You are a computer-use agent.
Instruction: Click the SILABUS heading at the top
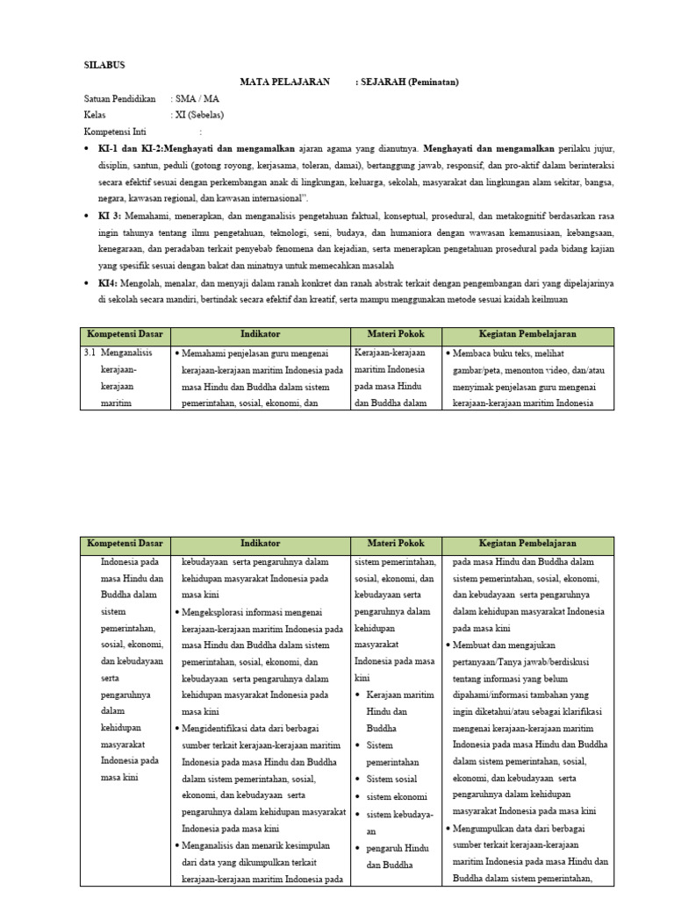click(x=104, y=65)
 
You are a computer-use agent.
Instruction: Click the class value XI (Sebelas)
click(x=199, y=116)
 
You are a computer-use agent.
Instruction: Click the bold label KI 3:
click(x=111, y=216)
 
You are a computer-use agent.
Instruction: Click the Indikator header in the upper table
click(x=261, y=335)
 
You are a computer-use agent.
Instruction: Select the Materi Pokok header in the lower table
click(x=397, y=544)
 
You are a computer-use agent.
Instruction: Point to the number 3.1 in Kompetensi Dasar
click(x=90, y=353)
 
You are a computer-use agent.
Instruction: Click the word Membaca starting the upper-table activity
click(x=476, y=353)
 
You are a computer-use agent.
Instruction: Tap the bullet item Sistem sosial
click(x=392, y=778)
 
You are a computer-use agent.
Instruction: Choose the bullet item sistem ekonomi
click(x=397, y=797)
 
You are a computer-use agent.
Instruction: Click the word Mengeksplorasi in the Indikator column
click(x=220, y=612)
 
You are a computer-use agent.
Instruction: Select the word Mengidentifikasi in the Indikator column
click(x=223, y=728)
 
